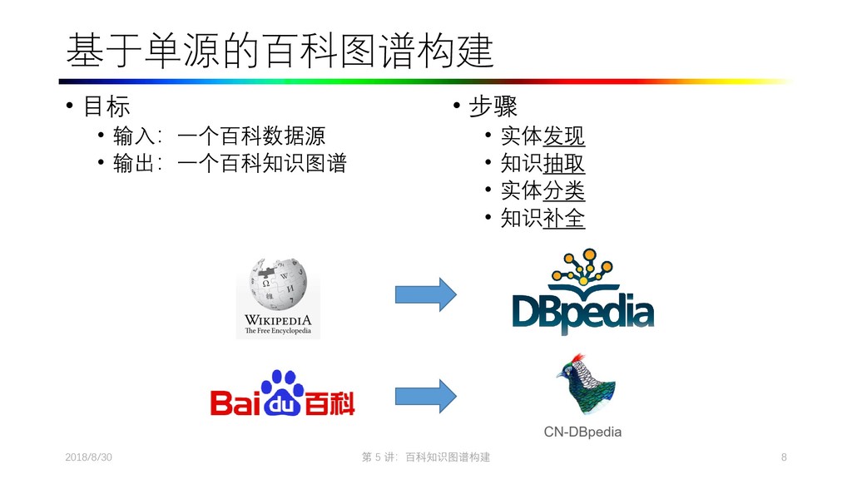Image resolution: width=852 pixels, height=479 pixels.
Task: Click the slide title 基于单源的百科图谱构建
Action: [280, 52]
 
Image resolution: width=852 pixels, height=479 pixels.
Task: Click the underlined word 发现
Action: [564, 136]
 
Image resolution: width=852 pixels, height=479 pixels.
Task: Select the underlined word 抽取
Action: [564, 163]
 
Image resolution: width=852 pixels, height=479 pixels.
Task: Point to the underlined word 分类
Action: [564, 190]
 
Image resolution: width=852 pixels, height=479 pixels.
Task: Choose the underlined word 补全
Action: [564, 218]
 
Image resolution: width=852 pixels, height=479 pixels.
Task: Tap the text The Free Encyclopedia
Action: [278, 331]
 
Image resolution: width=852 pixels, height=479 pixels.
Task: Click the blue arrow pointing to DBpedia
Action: [425, 294]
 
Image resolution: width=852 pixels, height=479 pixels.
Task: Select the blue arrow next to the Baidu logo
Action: [425, 394]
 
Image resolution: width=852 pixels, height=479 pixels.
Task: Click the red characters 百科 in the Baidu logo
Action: [329, 403]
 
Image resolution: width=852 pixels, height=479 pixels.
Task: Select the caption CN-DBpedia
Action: [582, 432]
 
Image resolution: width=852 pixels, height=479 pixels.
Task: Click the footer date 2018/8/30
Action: [88, 458]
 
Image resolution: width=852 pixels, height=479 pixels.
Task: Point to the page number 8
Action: [784, 458]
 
